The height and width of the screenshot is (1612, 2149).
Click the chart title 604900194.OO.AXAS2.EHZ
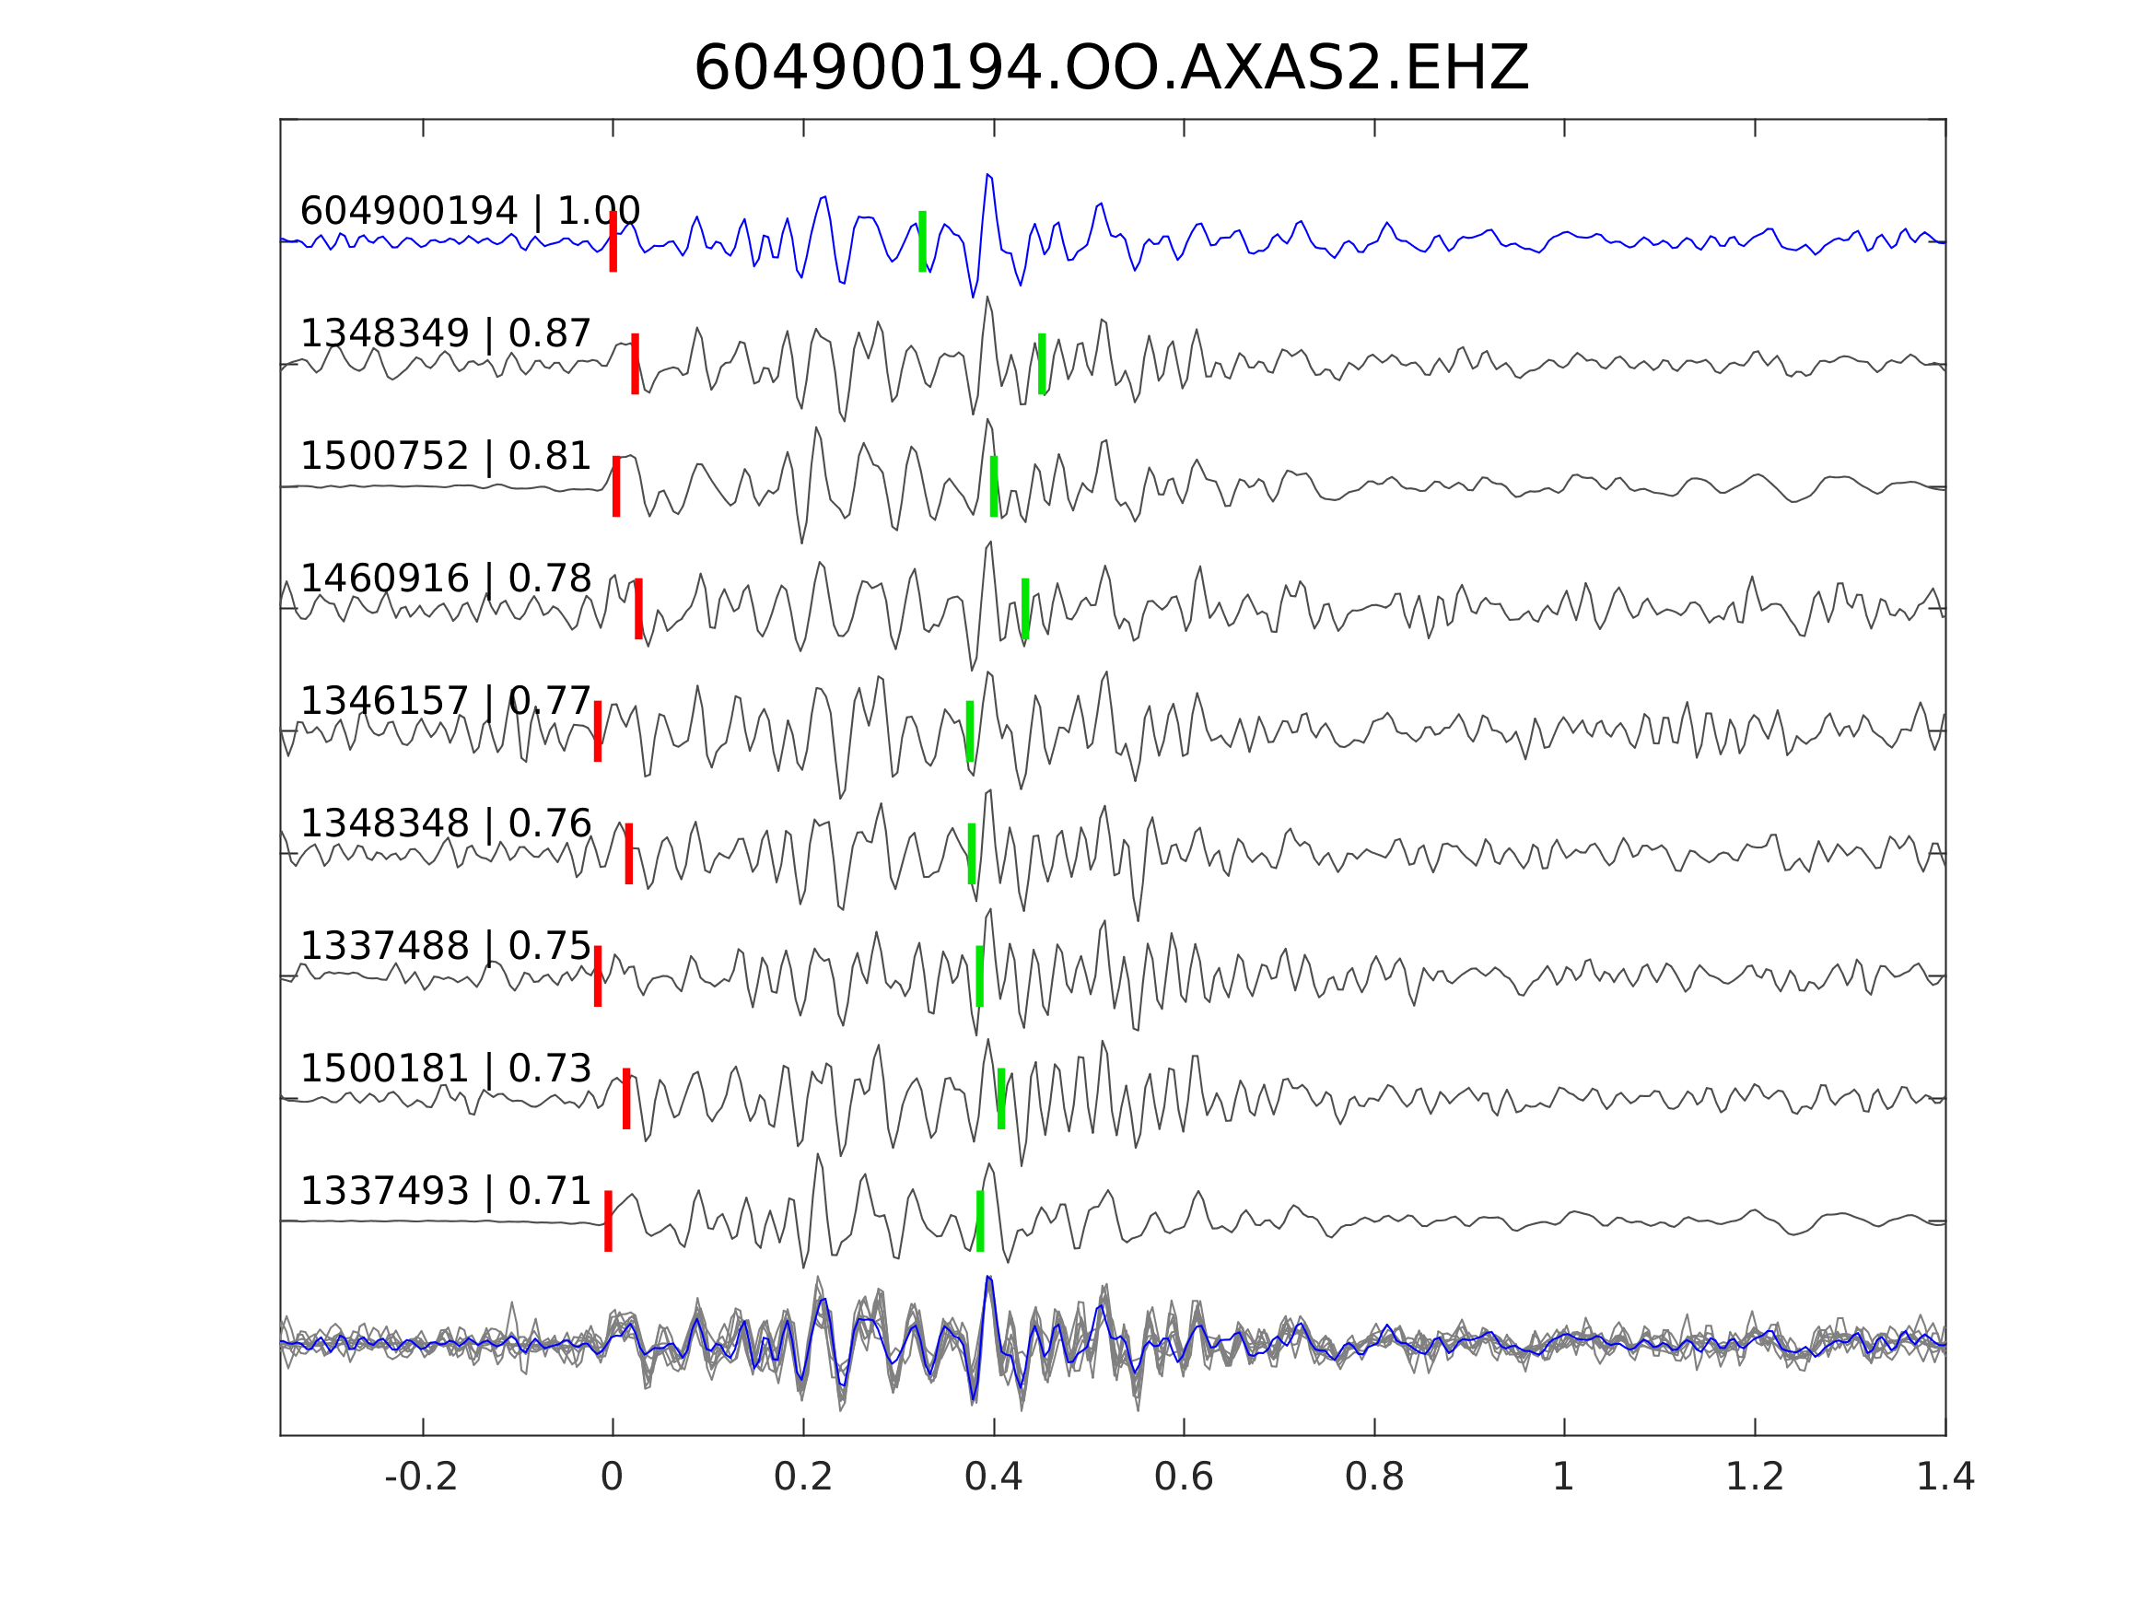click(x=1112, y=69)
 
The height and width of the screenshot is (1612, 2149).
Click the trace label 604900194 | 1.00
click(x=470, y=211)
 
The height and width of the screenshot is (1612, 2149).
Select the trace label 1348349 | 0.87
click(x=446, y=333)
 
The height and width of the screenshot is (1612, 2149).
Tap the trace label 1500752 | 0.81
click(x=446, y=456)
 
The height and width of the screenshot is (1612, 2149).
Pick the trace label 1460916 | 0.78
click(x=446, y=578)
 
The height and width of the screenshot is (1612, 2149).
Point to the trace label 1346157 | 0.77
click(x=446, y=701)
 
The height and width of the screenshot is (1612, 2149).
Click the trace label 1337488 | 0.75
click(x=446, y=945)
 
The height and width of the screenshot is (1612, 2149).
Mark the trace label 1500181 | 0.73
click(x=446, y=1068)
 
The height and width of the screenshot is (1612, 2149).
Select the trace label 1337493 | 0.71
click(x=446, y=1190)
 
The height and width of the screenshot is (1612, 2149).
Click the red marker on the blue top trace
click(x=613, y=241)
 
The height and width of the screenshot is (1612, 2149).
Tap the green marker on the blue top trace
click(x=922, y=241)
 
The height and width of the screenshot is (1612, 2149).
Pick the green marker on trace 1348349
click(x=1042, y=364)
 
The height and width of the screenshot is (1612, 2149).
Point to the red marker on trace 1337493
click(x=608, y=1221)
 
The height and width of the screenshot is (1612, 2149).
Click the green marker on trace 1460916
click(x=1025, y=608)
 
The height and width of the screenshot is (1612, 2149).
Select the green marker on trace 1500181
click(x=1000, y=1098)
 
